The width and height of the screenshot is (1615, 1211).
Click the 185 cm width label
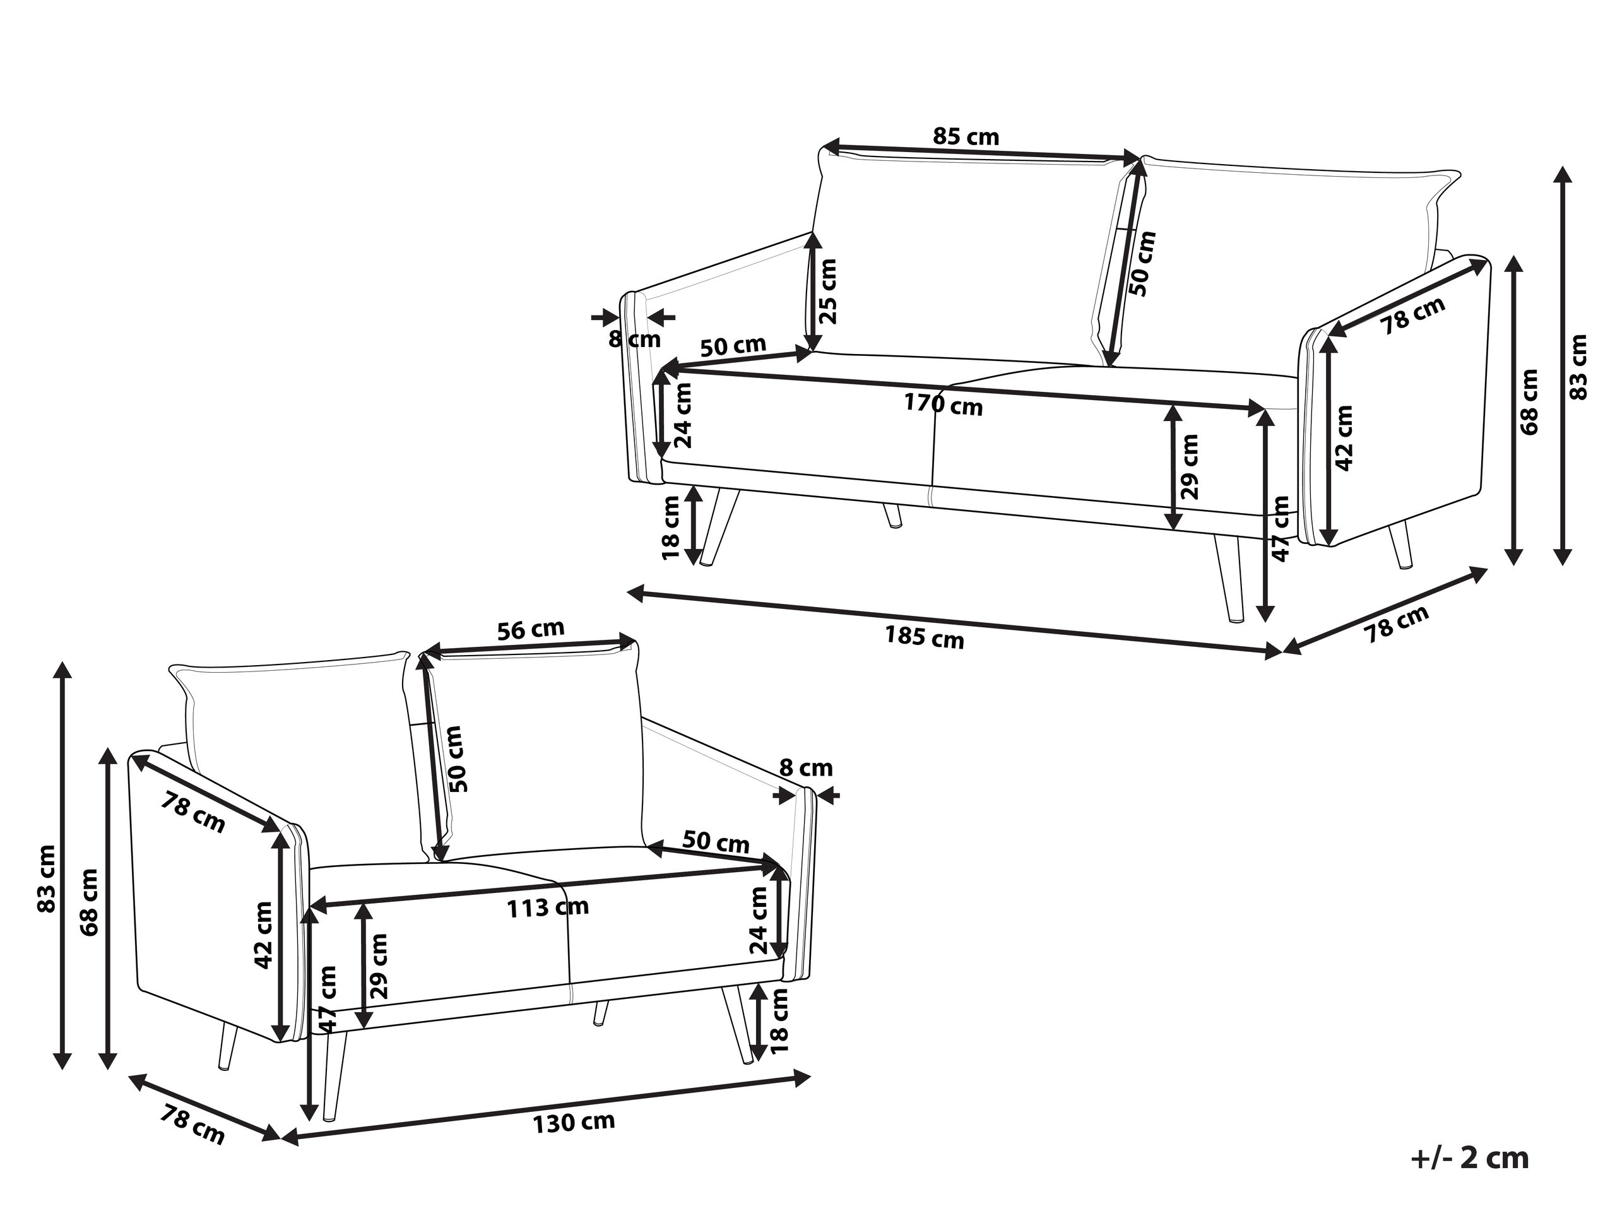click(x=925, y=638)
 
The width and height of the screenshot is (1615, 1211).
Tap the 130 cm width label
click(x=573, y=1122)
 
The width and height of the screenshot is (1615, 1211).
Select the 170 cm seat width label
click(x=944, y=404)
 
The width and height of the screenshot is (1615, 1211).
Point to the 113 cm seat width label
click(x=548, y=907)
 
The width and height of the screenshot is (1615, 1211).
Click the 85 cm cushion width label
click(x=966, y=136)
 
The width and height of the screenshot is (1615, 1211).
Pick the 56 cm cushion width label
click(x=531, y=629)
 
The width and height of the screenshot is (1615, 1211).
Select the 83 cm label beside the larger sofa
click(x=1578, y=367)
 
